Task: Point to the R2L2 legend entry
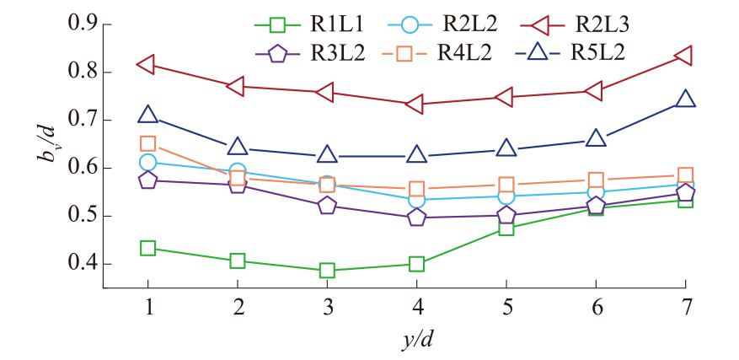pos(455,27)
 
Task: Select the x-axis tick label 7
pos(686,309)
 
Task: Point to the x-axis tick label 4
pos(416,309)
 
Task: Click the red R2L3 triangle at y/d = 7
pos(685,56)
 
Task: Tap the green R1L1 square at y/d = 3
pos(327,271)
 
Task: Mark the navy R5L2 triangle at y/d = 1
pos(148,115)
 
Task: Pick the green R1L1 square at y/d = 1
pos(148,248)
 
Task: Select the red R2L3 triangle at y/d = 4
pos(415,105)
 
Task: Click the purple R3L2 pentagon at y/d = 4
pos(416,218)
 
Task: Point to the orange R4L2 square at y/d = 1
pos(148,144)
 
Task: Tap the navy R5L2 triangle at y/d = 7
pos(685,99)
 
